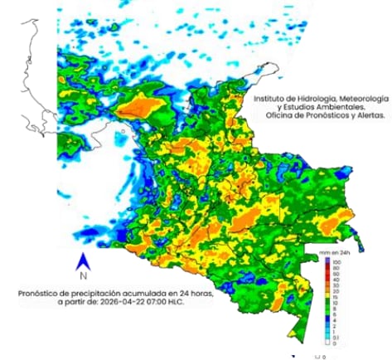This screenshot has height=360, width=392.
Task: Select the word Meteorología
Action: (358, 97)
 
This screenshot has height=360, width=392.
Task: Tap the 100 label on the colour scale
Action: (337, 262)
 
